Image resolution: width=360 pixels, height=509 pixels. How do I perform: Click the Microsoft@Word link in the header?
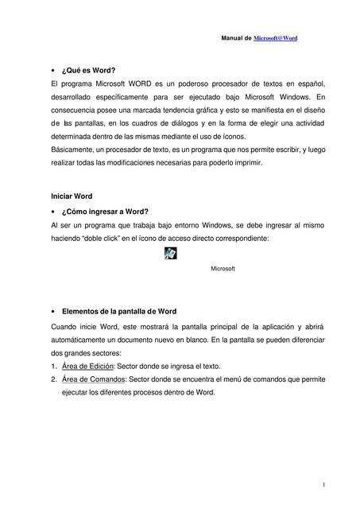click(x=275, y=38)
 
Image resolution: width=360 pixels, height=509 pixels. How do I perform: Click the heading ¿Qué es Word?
click(x=95, y=70)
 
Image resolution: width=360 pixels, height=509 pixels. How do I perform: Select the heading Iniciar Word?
click(x=72, y=196)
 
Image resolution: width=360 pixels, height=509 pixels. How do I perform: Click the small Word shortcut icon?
click(x=171, y=254)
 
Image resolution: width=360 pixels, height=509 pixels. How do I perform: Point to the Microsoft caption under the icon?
click(x=223, y=269)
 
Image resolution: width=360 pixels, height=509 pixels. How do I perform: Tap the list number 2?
click(x=52, y=379)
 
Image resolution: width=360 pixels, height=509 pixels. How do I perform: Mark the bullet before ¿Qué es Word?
click(x=52, y=71)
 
